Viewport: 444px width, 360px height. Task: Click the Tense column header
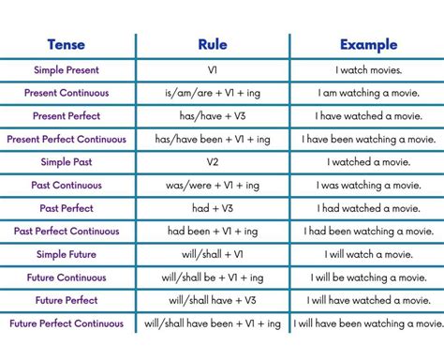[68, 44]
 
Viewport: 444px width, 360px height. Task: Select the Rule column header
[213, 44]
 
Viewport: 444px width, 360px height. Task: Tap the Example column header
[367, 44]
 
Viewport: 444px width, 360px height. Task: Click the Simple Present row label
[67, 70]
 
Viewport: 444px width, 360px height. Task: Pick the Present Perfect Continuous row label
[67, 139]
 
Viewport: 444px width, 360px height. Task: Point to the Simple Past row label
[67, 162]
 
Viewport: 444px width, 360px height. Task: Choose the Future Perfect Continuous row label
[67, 323]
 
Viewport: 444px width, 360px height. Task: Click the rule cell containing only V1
[213, 70]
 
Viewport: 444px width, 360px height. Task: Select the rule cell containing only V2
[213, 162]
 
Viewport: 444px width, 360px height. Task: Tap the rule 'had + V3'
[213, 208]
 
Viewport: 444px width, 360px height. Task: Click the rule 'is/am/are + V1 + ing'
[213, 94]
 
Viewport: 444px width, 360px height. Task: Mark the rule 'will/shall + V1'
[213, 254]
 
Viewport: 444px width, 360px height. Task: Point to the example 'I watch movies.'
[369, 70]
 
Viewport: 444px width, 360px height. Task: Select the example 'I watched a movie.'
[369, 162]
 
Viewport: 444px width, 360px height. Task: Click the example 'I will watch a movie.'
[369, 254]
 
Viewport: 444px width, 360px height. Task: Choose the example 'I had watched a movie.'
[369, 208]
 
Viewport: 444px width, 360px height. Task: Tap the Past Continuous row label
[67, 186]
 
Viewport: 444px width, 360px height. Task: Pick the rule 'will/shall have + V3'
[213, 300]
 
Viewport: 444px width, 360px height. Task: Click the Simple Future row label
[67, 254]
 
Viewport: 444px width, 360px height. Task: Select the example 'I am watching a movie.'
[369, 94]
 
